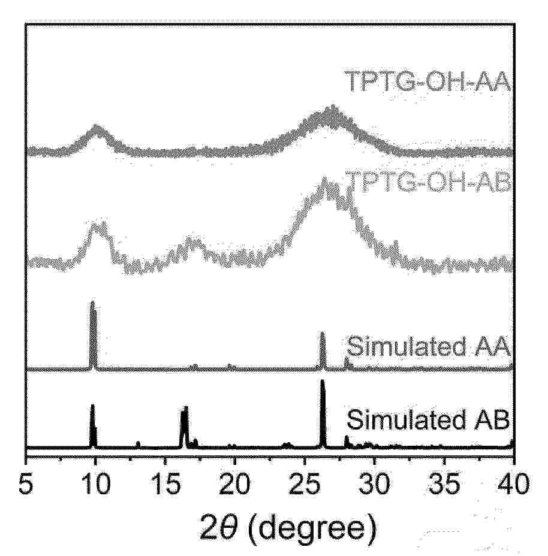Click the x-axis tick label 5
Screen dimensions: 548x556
pos(26,484)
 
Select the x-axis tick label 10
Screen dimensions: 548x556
pos(95,484)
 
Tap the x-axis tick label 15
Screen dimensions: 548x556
pos(165,484)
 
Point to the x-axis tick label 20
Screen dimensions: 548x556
pos(234,484)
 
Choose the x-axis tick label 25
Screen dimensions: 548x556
pos(304,484)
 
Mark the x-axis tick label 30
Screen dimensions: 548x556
pos(374,484)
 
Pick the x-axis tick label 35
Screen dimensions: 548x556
pos(444,484)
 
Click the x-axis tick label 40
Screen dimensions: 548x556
pos(513,484)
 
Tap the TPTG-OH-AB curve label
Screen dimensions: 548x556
pos(429,182)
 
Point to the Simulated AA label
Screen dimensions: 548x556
pos(429,346)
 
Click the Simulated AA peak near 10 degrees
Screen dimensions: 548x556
pos(94,302)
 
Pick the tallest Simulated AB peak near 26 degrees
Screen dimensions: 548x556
pos(323,382)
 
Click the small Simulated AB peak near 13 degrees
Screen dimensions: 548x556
pos(138,443)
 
